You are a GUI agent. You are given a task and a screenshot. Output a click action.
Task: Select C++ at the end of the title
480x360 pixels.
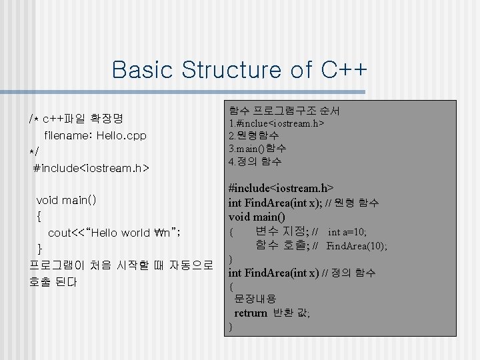tap(345, 69)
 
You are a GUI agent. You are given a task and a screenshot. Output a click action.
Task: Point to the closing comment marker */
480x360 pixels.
tap(34, 152)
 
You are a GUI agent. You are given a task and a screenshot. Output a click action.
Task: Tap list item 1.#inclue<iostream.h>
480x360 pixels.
tap(276, 123)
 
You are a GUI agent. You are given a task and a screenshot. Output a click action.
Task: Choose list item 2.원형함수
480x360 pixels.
tap(253, 136)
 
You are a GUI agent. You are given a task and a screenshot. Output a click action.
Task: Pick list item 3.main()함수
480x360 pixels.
tap(257, 148)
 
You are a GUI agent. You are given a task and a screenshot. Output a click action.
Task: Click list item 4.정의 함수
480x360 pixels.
tap(255, 161)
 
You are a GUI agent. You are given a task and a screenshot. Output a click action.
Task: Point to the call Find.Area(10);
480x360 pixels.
tap(357, 246)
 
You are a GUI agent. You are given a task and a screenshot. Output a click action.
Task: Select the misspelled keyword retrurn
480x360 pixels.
tap(251, 313)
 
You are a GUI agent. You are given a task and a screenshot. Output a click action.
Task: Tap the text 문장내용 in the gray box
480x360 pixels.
tap(255, 299)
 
